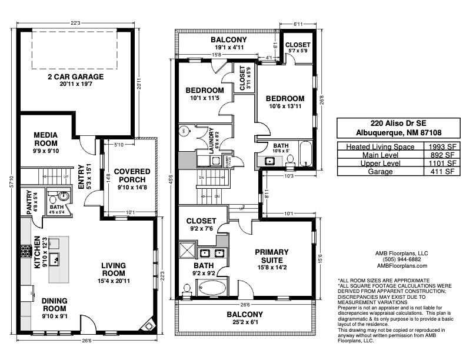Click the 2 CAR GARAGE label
tap(75, 76)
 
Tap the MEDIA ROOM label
tap(45, 139)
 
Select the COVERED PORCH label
tap(132, 175)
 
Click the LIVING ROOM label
tap(113, 269)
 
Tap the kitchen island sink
tap(55, 259)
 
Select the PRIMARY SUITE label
tap(271, 256)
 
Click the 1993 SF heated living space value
tap(440, 146)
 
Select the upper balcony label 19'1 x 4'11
tap(228, 48)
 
